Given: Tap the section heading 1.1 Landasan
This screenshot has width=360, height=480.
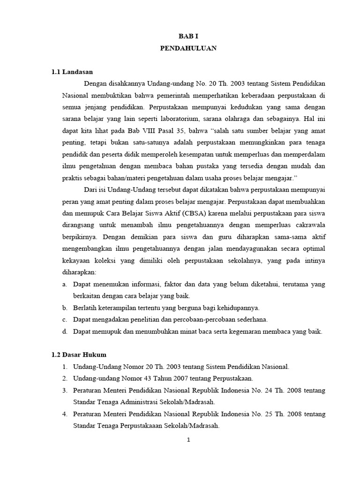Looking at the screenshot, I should pyautogui.click(x=73, y=72).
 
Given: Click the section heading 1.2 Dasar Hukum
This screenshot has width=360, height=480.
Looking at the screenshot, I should pyautogui.click(x=79, y=355).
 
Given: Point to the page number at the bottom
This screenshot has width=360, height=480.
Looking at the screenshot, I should pyautogui.click(x=187, y=440).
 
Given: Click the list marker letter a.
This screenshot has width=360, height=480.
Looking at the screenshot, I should pyautogui.click(x=64, y=285).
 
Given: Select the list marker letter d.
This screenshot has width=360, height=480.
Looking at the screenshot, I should pyautogui.click(x=64, y=331).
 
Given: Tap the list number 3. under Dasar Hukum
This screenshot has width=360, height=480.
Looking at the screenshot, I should pyautogui.click(x=65, y=390).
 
